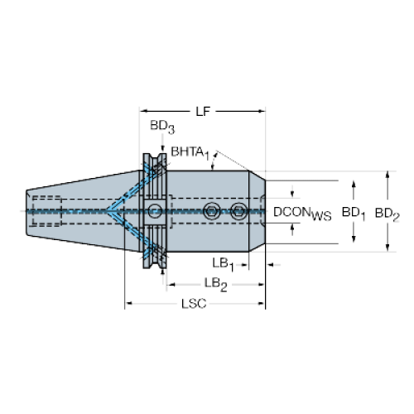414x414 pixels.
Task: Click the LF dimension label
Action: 203,112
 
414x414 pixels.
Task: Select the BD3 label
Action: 162,127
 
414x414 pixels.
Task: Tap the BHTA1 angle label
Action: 190,153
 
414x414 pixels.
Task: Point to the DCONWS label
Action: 302,213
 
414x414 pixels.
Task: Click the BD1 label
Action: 354,213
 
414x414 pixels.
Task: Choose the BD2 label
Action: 387,214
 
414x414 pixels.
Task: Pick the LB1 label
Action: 223,264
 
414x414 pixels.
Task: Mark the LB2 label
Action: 215,284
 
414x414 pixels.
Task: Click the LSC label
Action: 194,304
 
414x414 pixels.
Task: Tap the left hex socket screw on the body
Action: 211,211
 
